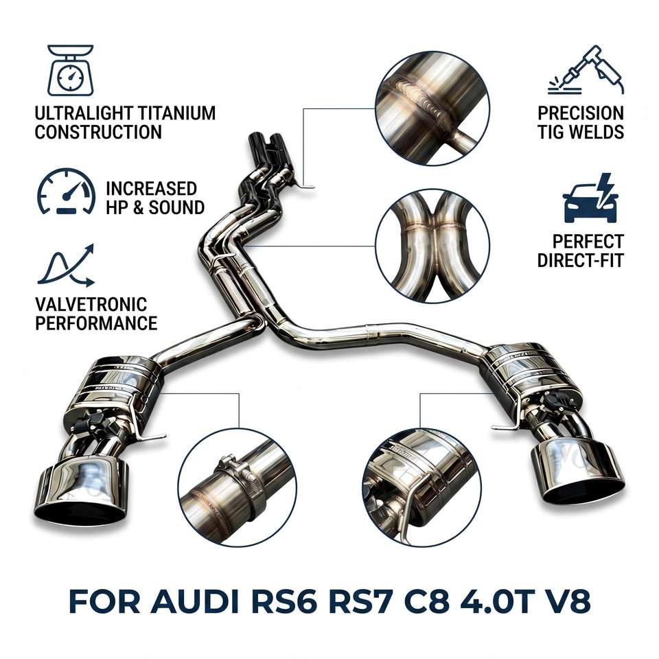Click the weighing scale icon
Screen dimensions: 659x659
pos(70,70)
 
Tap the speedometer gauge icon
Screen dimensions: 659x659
pos(66,192)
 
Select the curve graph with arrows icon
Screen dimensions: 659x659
pos(66,266)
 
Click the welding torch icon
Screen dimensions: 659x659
pos(586,70)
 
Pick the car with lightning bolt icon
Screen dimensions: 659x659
pos(590,198)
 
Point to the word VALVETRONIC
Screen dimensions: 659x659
pos(91,305)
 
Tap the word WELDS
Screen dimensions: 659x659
pos(596,132)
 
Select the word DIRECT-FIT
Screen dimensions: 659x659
pos(581,261)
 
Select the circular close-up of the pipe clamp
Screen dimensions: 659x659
pos(238,487)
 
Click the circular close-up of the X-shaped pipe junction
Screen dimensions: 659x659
pos(432,246)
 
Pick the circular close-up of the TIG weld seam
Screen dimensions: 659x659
pos(432,108)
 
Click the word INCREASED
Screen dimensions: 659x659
pos(151,189)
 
